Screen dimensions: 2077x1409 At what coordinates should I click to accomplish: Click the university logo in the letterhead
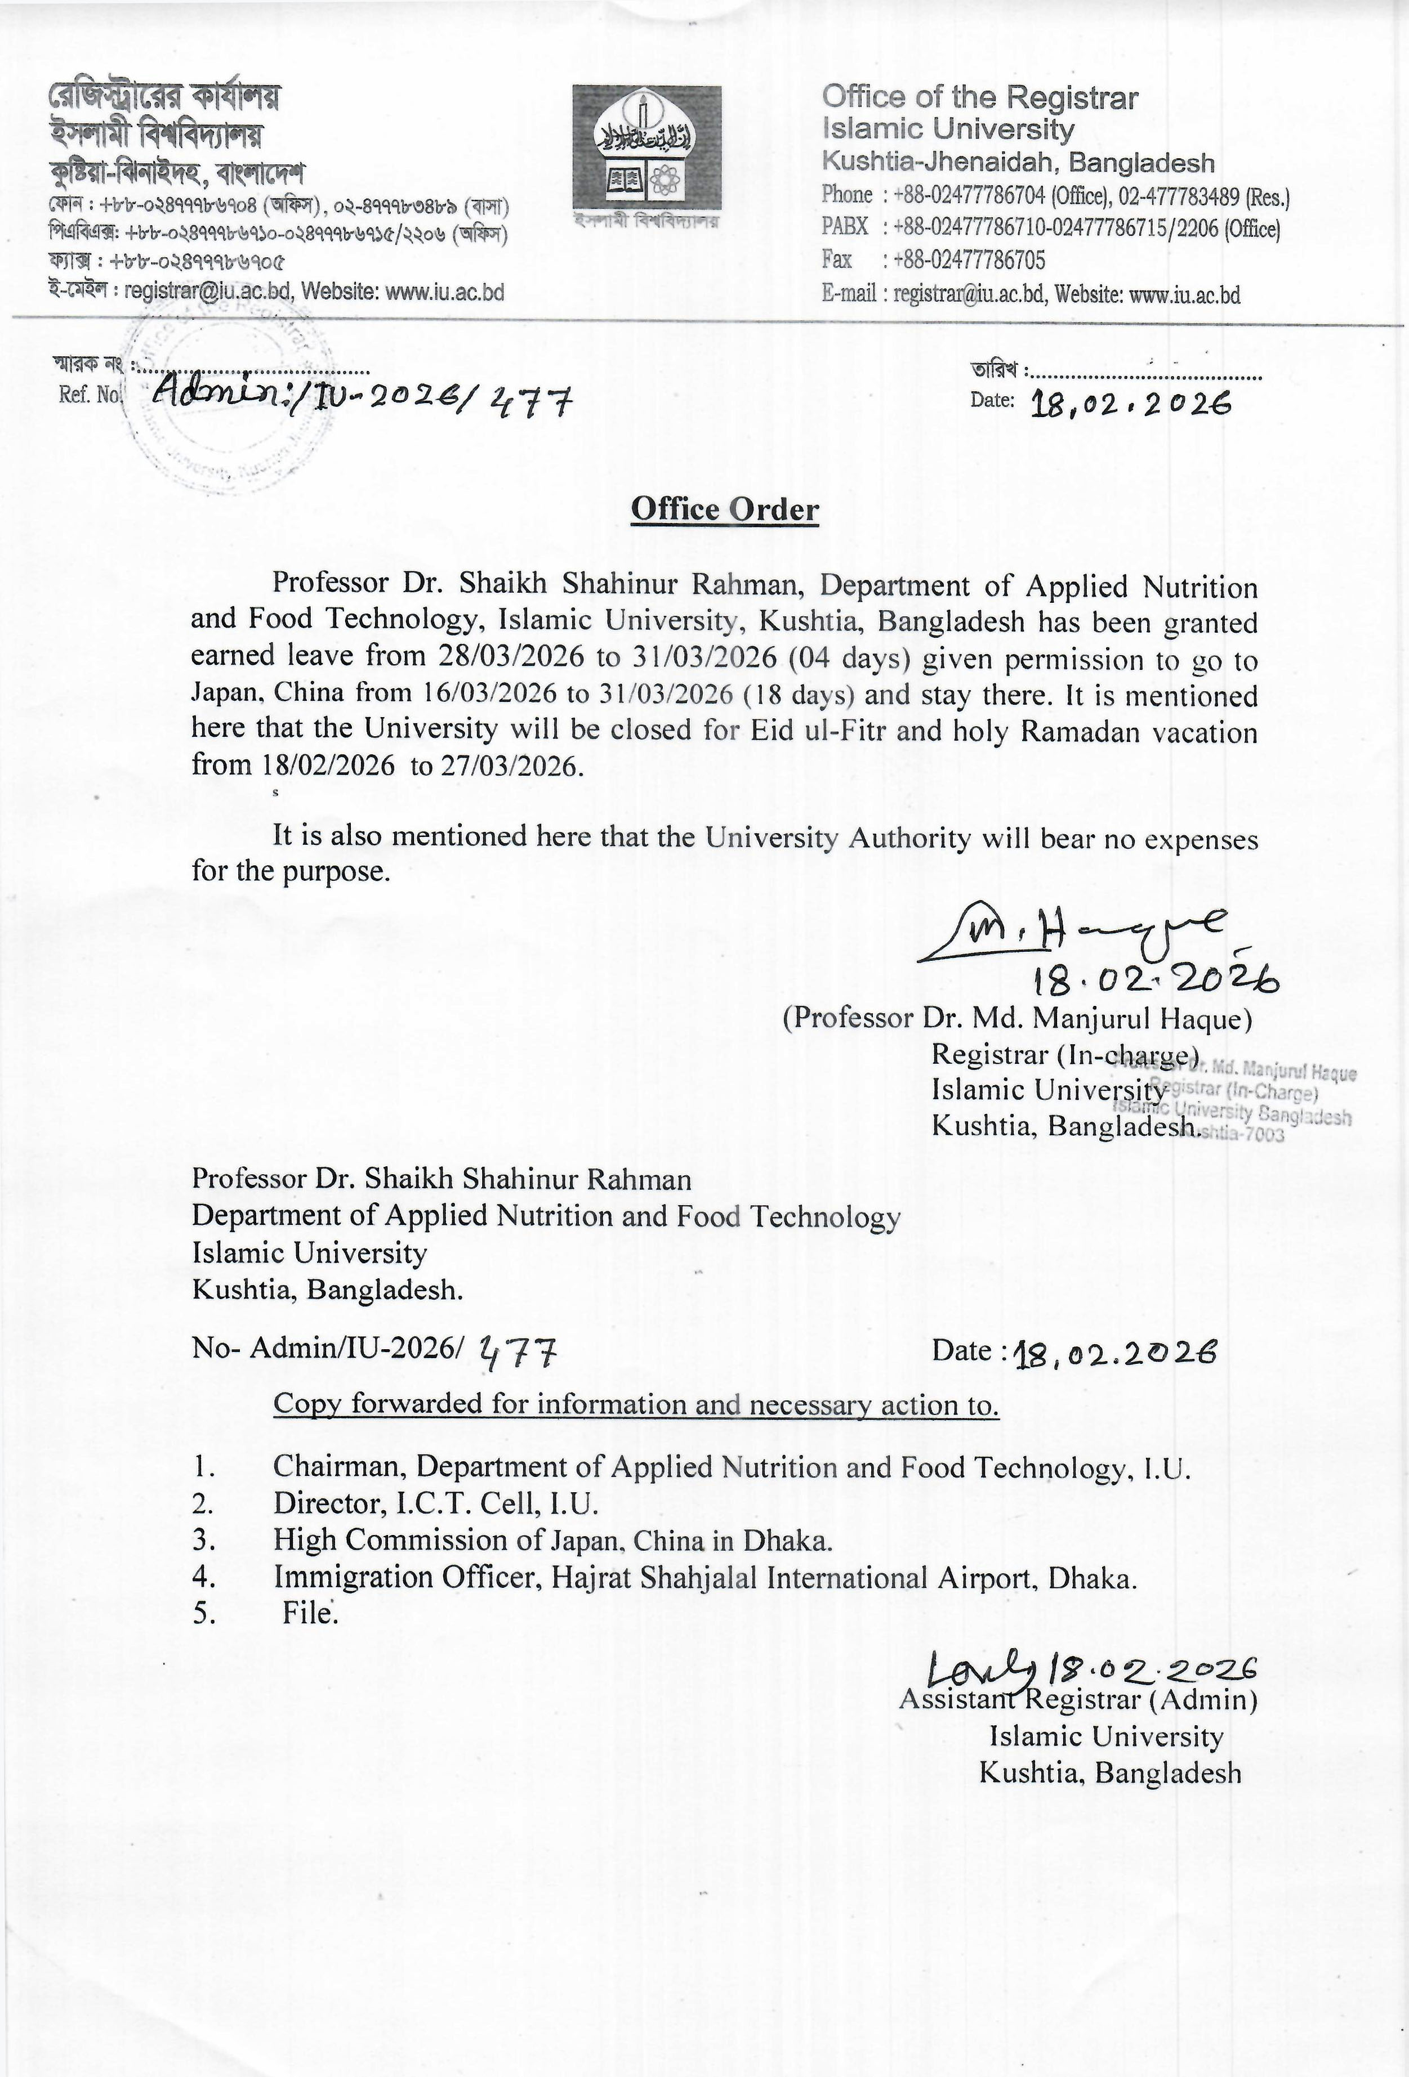click(646, 149)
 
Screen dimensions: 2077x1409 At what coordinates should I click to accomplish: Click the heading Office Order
click(724, 509)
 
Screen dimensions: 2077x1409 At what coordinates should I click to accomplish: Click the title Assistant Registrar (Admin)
click(1078, 1699)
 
